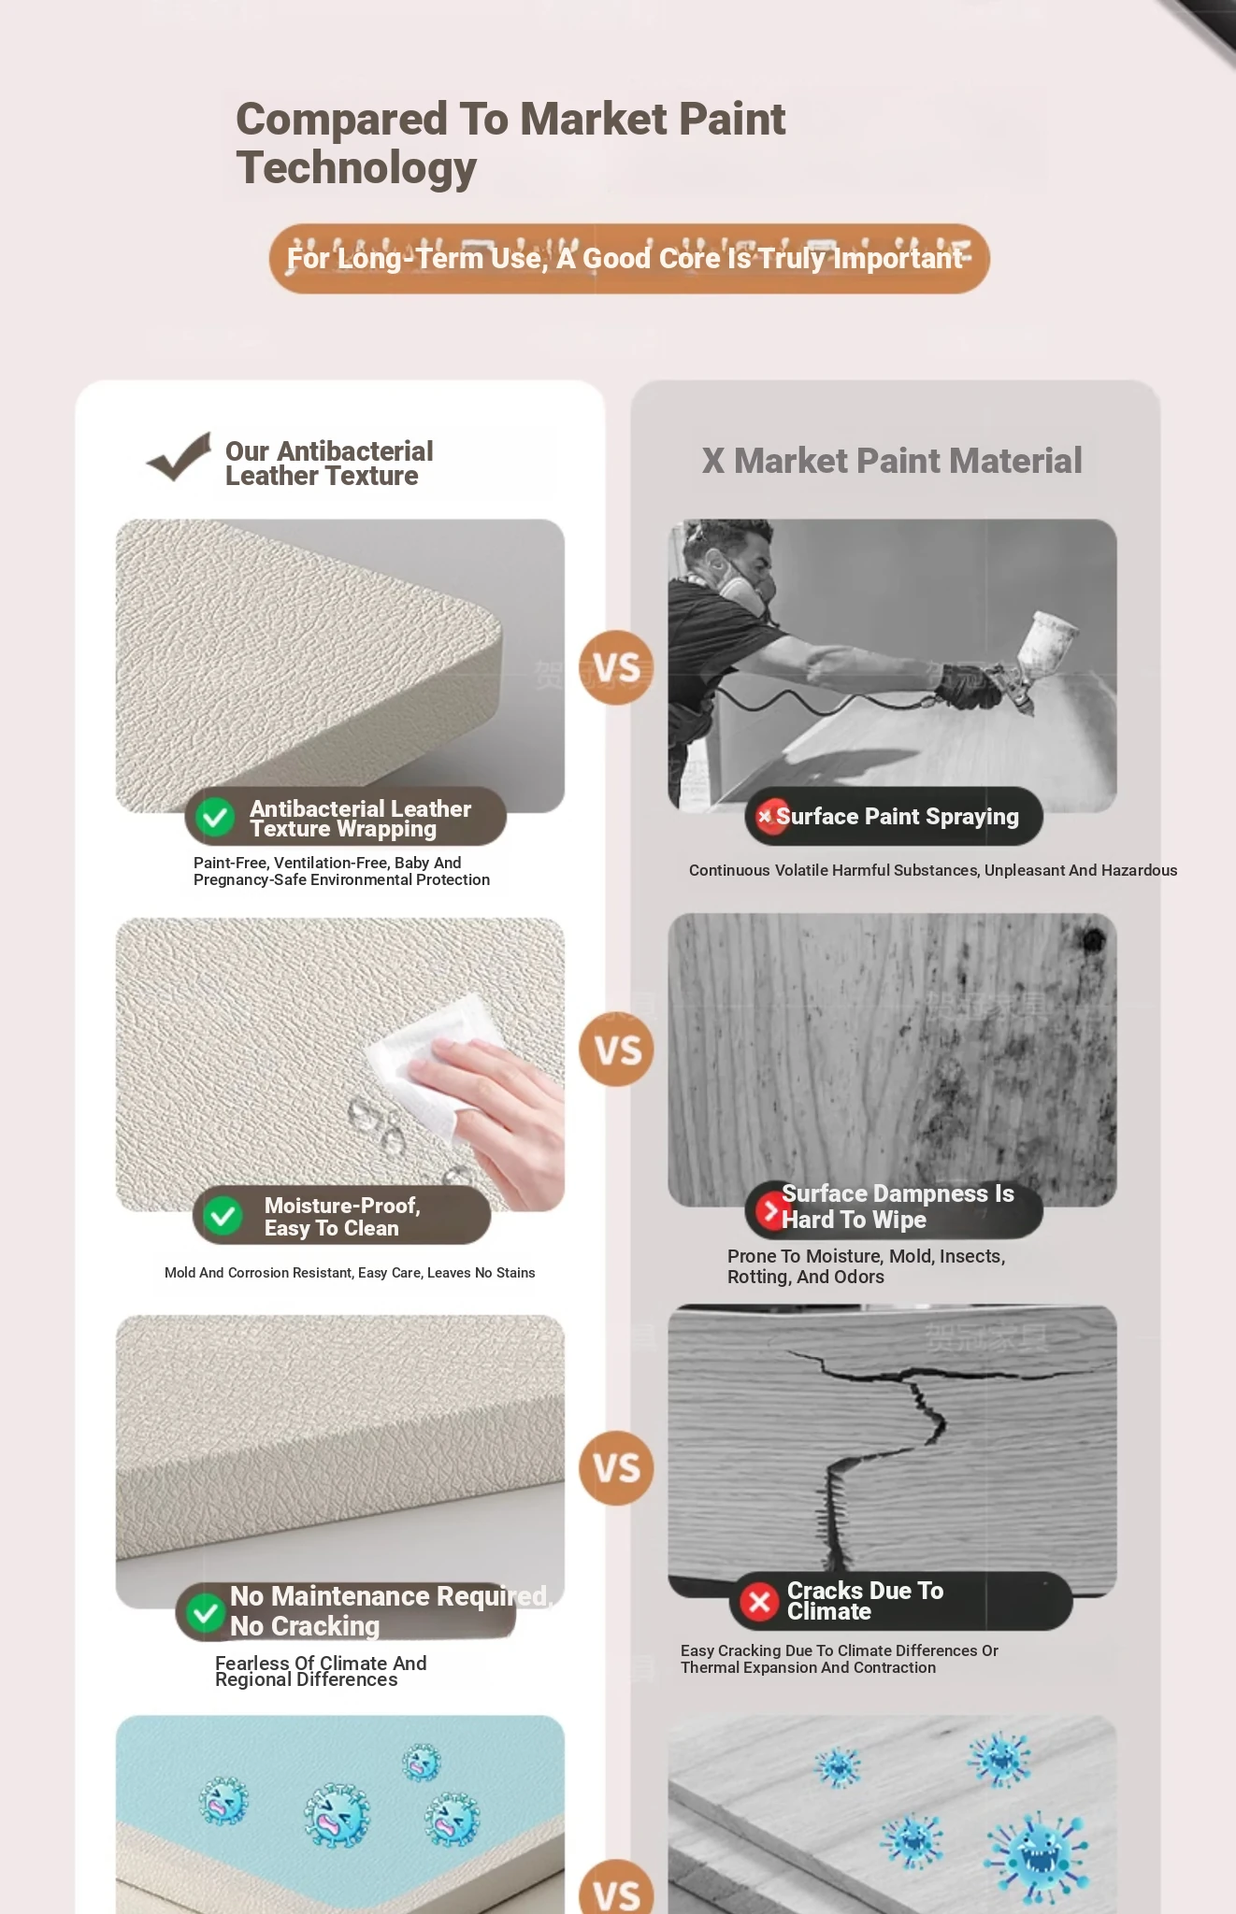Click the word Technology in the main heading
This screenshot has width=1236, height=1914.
(356, 168)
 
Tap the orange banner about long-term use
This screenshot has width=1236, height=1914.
(629, 259)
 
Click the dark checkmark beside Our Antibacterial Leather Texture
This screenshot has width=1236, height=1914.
(179, 457)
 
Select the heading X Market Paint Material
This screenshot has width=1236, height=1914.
(892, 461)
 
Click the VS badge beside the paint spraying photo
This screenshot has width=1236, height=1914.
(617, 668)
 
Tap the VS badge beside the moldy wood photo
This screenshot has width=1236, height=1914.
(617, 1050)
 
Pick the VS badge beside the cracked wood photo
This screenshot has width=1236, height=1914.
(617, 1467)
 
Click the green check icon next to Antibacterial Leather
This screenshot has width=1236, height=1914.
(215, 817)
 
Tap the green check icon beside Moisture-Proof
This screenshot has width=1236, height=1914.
(223, 1216)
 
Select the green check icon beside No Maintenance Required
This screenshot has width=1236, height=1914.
(205, 1612)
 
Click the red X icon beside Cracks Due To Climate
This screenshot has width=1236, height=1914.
(759, 1602)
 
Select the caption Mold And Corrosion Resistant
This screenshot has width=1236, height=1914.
(350, 1273)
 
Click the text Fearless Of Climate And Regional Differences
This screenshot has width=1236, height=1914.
(321, 1671)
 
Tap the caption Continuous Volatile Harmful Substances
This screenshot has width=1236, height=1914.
(933, 870)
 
